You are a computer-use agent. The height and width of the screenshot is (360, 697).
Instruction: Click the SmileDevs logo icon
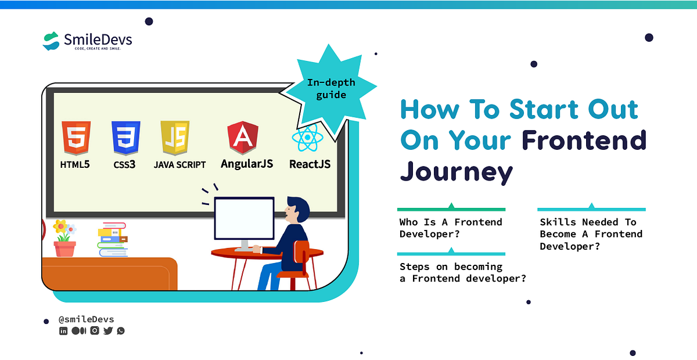[x=52, y=41]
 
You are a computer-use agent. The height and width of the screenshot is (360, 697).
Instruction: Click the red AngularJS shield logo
[x=243, y=138]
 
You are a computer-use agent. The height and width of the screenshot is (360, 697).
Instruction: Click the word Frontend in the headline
[x=584, y=140]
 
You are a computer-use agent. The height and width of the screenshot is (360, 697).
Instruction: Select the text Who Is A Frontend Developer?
[x=451, y=228]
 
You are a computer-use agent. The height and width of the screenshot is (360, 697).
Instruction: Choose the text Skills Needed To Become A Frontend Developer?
[x=591, y=234]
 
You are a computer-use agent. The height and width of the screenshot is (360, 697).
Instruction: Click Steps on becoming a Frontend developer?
[x=462, y=272]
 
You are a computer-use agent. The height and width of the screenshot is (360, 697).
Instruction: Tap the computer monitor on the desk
[x=244, y=218]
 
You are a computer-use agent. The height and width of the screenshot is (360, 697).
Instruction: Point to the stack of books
[x=112, y=239]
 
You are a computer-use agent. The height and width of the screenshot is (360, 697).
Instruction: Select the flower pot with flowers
[x=64, y=239]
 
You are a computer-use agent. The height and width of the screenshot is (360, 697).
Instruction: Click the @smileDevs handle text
[x=86, y=319]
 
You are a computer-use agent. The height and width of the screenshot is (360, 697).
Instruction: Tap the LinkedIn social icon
[x=63, y=331]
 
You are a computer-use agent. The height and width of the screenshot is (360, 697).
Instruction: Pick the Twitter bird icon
[x=108, y=331]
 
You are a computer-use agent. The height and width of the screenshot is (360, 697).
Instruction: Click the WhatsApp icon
[x=121, y=331]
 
